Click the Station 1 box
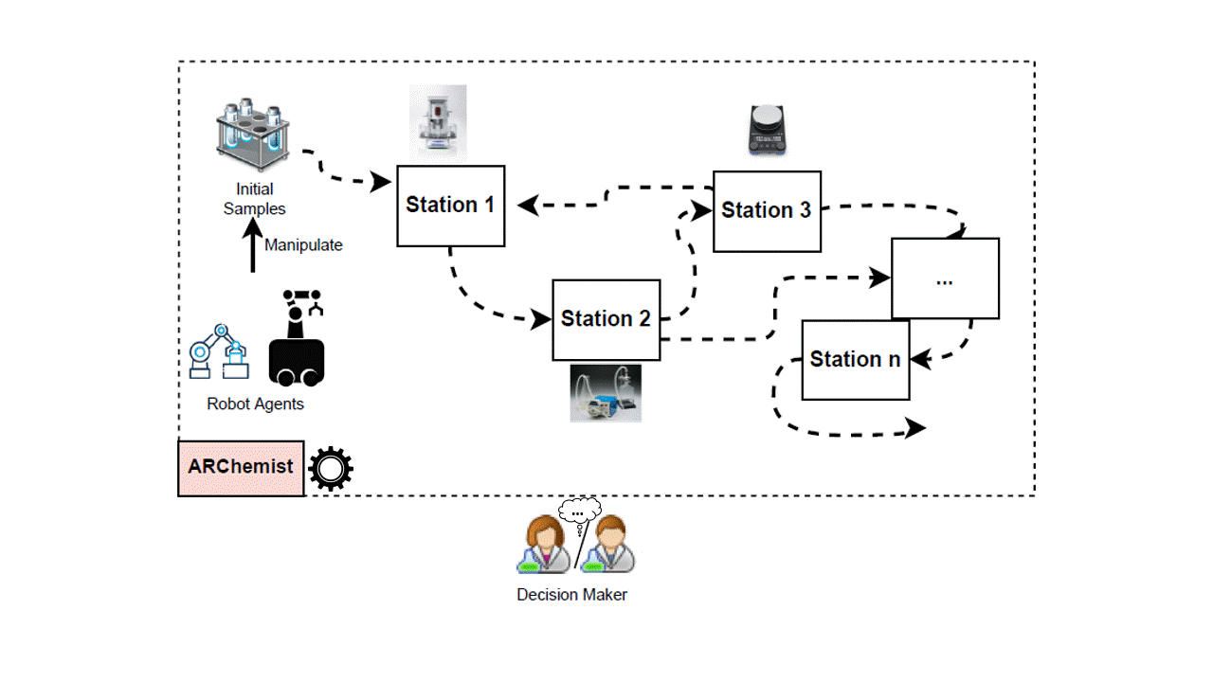click(450, 206)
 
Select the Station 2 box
click(606, 319)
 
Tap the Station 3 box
click(767, 211)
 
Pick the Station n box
click(856, 360)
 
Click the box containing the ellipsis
click(945, 278)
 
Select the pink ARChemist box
click(241, 468)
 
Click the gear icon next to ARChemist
click(331, 468)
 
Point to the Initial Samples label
click(254, 199)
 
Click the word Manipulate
click(303, 245)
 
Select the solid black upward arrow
click(252, 245)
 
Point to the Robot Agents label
click(255, 404)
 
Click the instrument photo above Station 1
click(438, 121)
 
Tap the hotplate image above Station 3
click(767, 129)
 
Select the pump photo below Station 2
click(606, 393)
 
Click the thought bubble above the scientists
click(579, 512)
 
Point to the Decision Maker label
click(571, 595)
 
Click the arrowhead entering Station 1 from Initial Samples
click(383, 180)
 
